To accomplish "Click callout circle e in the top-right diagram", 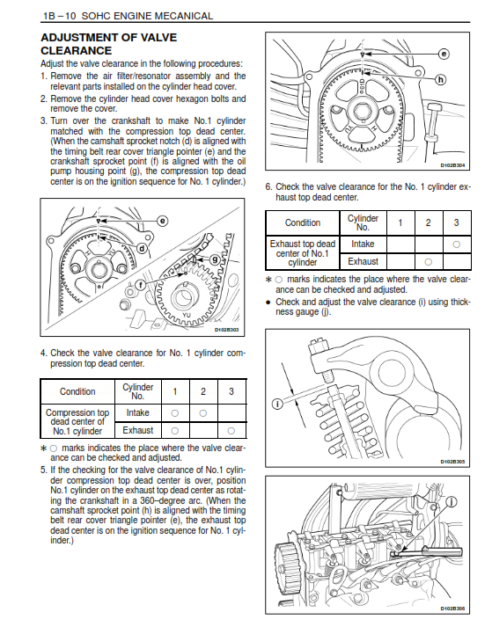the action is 444,54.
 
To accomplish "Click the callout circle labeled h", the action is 440,79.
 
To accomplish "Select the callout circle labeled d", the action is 142,249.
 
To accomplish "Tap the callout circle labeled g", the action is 215,259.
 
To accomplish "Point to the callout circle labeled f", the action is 141,285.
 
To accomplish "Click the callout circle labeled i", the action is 277,404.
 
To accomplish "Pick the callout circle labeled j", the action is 452,502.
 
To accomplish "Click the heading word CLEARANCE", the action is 76,51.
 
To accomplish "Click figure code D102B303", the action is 226,330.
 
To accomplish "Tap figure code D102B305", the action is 452,462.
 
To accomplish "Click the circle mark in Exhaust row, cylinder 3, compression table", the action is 231,431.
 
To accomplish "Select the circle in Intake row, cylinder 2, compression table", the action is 203,413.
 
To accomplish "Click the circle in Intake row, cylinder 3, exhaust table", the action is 457,244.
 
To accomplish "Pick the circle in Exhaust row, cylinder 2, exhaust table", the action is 429,262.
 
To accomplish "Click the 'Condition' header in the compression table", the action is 77,391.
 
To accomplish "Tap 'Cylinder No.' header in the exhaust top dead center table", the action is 363,222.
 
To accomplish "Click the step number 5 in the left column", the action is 43,470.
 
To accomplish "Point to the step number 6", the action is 268,186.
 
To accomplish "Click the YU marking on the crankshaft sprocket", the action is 187,315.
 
